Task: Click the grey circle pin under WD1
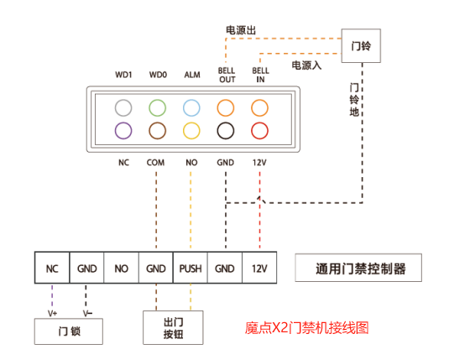124,107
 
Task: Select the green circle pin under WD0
157,107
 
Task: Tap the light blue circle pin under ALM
191,107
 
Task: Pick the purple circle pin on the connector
124,130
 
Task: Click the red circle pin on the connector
259,130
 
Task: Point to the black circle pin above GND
225,130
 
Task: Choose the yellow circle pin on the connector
191,130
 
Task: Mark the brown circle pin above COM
157,130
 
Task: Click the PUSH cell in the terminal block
190,269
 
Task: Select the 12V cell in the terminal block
258,269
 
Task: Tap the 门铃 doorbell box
360,45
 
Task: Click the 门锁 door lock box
69,332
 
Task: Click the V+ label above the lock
53,312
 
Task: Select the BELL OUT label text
227,76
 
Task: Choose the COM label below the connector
155,162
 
